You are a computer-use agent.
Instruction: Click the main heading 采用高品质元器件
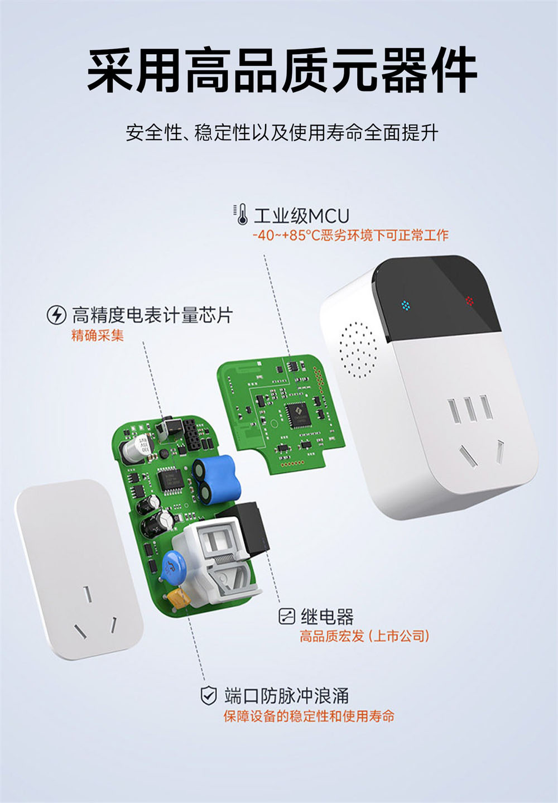tap(282, 71)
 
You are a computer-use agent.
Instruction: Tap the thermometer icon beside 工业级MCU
tap(242, 215)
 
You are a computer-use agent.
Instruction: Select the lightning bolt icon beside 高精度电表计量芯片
tap(56, 315)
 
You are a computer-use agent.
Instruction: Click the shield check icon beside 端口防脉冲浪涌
tap(208, 696)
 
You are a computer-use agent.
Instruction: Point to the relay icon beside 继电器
tap(286, 617)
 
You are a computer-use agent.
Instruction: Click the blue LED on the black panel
tap(406, 305)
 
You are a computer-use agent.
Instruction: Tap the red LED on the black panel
tap(469, 301)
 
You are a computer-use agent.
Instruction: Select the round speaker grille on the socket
tap(358, 348)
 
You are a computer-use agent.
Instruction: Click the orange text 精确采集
tap(98, 335)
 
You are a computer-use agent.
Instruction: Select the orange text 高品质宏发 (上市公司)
tap(364, 636)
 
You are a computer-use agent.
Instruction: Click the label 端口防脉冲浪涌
tap(286, 696)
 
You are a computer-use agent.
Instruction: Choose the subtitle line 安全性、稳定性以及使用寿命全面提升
tap(282, 133)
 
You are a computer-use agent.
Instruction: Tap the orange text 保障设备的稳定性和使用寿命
tap(309, 716)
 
